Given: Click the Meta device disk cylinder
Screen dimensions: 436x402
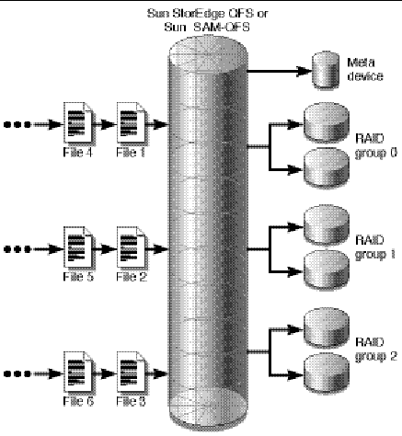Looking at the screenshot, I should (322, 70).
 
